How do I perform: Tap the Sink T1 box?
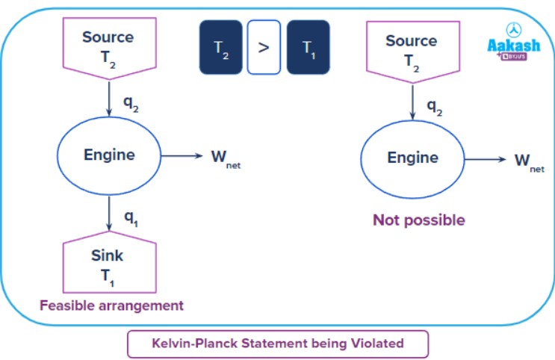pos(108,264)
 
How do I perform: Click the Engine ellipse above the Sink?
pos(109,155)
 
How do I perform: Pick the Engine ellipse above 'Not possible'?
pos(412,158)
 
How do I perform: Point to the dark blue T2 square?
pos(221,47)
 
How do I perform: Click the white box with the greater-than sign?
pos(264,47)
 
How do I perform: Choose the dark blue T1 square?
pos(308,47)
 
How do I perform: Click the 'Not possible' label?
pos(418,220)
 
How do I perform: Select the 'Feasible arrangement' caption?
pos(111,305)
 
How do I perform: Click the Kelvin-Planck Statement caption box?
pos(278,344)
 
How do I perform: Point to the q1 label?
pos(131,218)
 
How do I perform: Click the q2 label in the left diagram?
pos(131,105)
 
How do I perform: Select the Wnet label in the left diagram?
pos(226,158)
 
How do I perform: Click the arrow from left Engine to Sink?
pos(109,212)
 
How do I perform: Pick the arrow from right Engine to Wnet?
pos(485,158)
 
